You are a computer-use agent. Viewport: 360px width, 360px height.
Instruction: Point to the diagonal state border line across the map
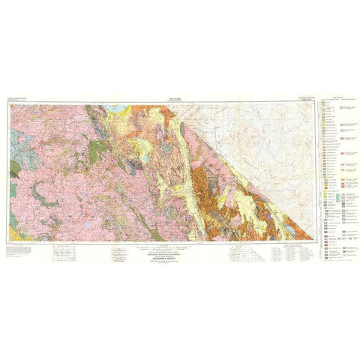point(247,157)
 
